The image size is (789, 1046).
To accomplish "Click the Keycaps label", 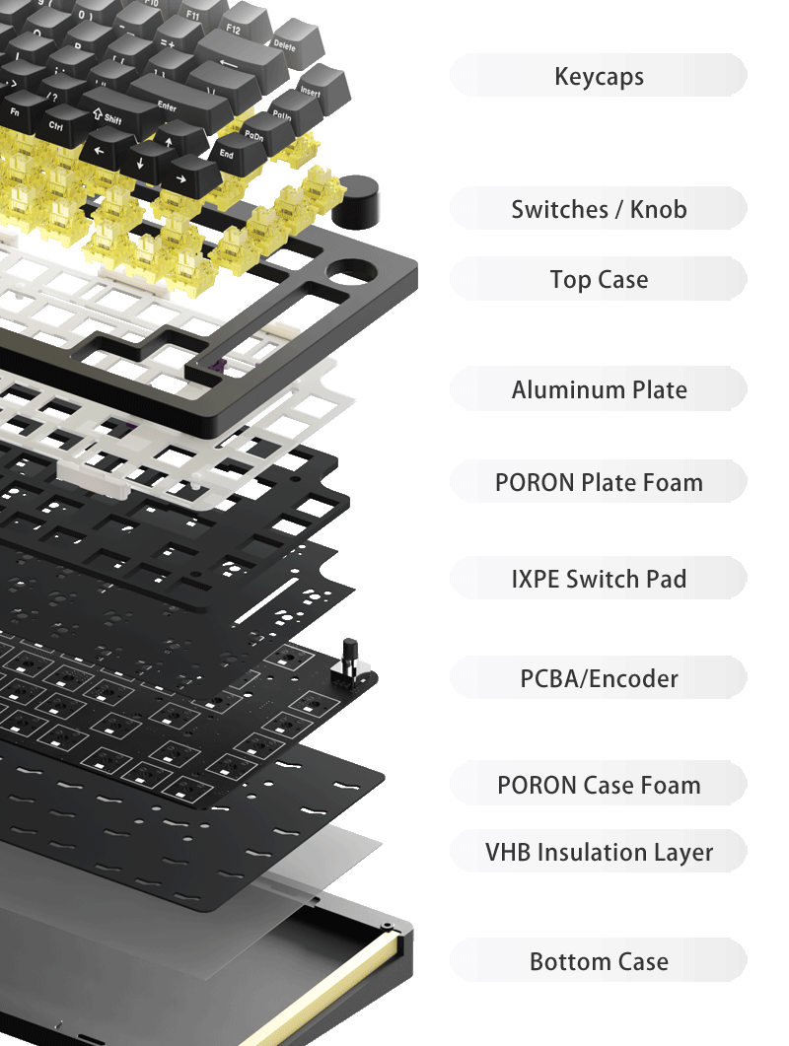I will click(x=599, y=76).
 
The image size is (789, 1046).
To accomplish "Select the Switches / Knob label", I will click(x=599, y=209).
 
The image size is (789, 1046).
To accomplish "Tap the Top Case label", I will click(x=599, y=279).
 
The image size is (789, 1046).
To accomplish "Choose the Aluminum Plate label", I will click(x=599, y=389).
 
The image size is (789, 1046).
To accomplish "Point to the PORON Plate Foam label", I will click(x=599, y=482).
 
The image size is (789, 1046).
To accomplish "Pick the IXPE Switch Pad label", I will click(x=599, y=579).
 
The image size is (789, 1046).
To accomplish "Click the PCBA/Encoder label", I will click(x=599, y=678).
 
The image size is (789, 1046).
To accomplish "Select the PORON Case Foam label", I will click(x=599, y=785).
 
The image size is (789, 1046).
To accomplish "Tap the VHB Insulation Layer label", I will click(x=599, y=851).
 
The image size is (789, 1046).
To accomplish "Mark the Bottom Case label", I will click(x=599, y=961).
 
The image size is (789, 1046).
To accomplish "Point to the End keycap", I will click(x=228, y=153).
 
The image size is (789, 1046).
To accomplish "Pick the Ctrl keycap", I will click(x=56, y=125).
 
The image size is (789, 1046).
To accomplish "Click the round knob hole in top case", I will click(x=351, y=270).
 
